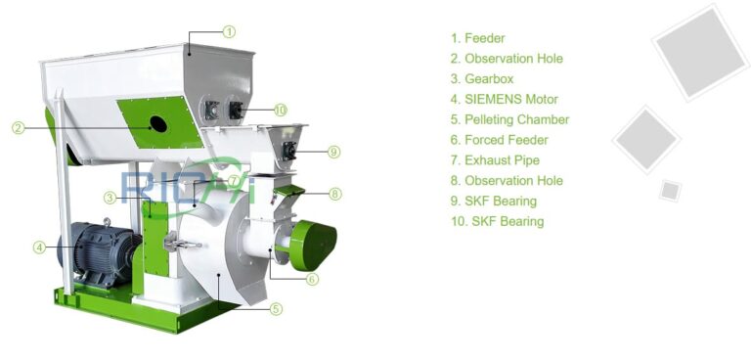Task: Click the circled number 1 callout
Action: click(229, 31)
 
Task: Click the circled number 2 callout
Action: click(18, 127)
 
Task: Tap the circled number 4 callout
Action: click(39, 247)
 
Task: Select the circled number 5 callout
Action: click(276, 309)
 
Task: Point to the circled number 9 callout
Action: click(333, 152)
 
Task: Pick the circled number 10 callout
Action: click(281, 110)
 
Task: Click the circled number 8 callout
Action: click(334, 194)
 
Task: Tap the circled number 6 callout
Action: click(312, 279)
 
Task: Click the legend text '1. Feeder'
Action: click(477, 38)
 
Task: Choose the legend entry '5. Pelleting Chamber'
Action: click(509, 119)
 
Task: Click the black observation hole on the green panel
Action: click(155, 124)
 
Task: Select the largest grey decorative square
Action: click(700, 51)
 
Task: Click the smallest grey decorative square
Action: click(670, 190)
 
